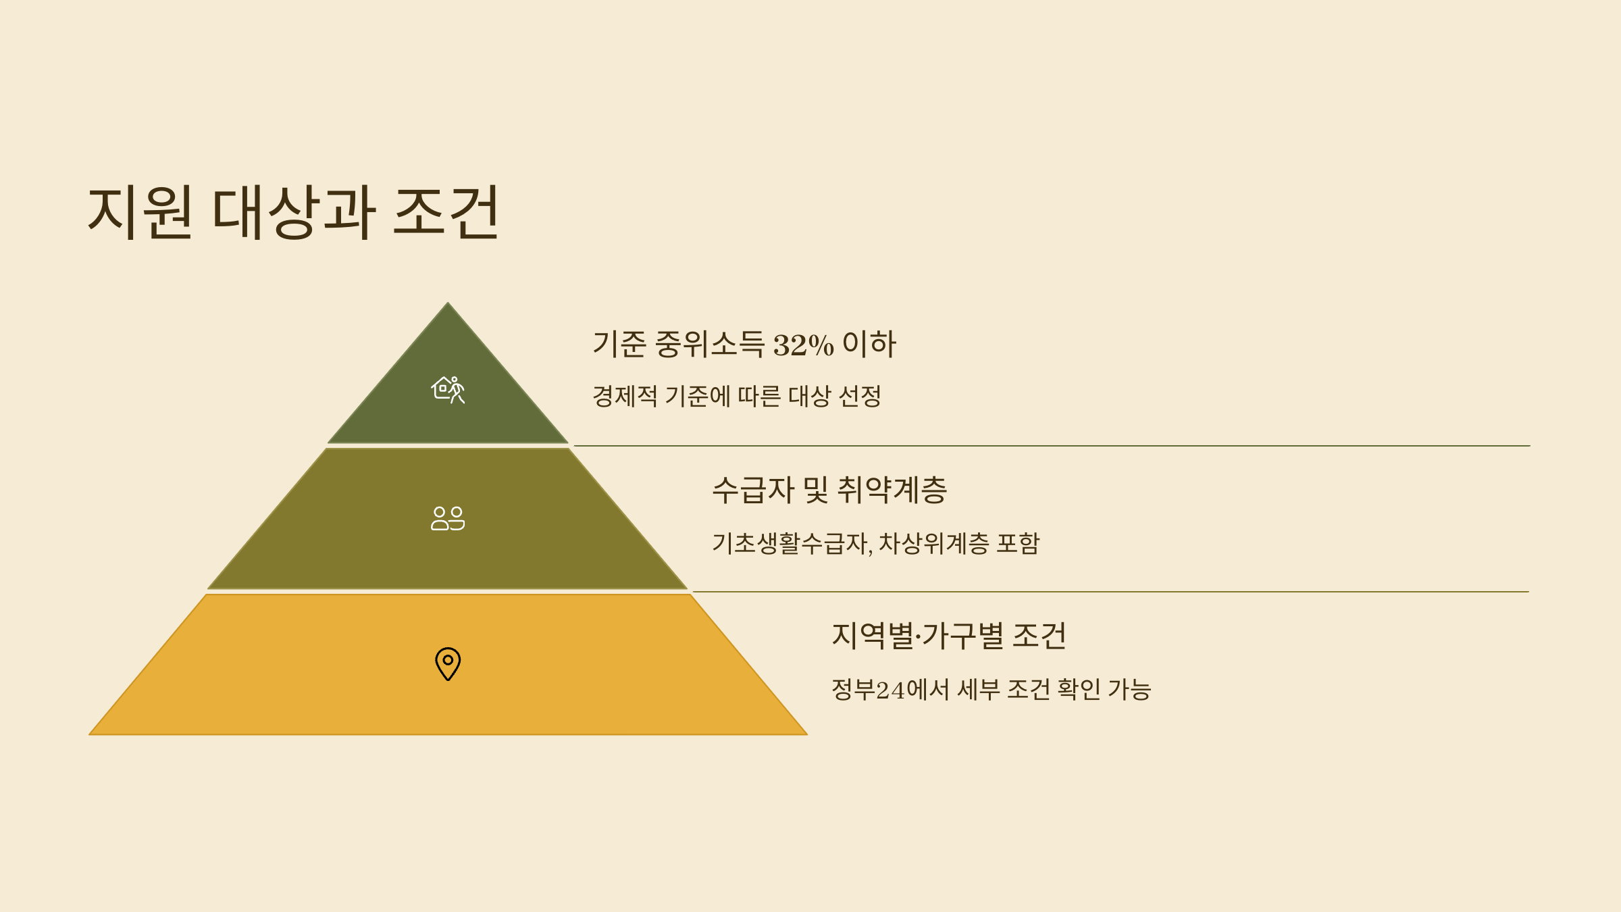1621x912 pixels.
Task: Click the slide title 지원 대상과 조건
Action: tap(293, 212)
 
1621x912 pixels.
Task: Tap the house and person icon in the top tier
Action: tap(448, 390)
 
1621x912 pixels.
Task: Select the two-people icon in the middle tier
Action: tap(448, 518)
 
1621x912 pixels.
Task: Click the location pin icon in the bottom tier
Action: tap(448, 663)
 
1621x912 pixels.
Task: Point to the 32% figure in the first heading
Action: tap(803, 345)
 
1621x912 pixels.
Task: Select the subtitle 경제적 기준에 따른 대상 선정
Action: tap(736, 396)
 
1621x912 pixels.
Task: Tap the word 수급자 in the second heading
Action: tap(753, 490)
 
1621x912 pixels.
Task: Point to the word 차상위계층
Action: tap(933, 543)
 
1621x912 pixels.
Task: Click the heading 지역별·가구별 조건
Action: tap(949, 636)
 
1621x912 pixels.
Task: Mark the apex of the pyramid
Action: tap(448, 305)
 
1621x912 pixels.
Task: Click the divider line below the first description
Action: tap(1051, 446)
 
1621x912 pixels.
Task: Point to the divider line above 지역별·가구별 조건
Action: tap(1110, 592)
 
